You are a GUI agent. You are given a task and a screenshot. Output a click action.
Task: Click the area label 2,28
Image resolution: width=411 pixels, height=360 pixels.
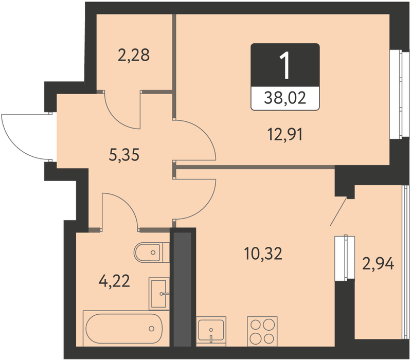pos(134,55)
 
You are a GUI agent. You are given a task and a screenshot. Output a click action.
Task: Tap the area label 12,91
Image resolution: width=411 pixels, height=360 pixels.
pos(285,134)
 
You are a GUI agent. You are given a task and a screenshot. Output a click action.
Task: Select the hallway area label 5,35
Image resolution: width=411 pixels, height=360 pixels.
pos(124,155)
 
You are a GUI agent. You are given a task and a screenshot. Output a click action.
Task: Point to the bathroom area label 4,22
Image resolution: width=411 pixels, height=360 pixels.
pos(114,281)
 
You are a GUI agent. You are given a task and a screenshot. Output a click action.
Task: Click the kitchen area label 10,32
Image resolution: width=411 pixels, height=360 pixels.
pos(263,254)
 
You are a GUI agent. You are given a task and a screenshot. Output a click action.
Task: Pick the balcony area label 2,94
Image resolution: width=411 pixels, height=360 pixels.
pos(378,264)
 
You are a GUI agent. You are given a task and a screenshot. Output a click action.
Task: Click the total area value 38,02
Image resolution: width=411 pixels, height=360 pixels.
pos(285,98)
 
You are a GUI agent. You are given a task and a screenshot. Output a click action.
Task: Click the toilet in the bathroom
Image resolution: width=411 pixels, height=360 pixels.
pos(152,253)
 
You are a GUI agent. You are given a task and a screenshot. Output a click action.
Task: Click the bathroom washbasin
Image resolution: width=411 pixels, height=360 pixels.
pos(159,294)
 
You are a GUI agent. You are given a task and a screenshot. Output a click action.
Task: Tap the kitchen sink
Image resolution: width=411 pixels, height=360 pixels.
pos(211,331)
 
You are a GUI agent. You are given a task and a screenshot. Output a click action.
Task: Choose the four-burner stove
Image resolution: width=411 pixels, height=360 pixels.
pos(262,331)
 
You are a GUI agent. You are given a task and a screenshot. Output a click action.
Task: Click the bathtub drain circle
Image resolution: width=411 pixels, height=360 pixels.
pos(151,328)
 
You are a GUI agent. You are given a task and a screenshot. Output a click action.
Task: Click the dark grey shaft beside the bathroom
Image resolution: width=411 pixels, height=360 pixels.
pos(183,287)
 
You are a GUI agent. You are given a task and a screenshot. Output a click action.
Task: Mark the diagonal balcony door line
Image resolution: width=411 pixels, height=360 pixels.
pos(338,211)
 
